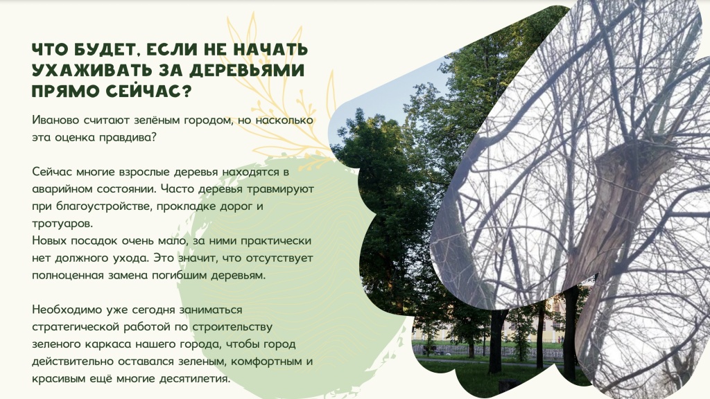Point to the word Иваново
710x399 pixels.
click(x=55, y=120)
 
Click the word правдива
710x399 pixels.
click(x=130, y=137)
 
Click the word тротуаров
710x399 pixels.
click(x=61, y=224)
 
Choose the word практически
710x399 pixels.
click(x=277, y=241)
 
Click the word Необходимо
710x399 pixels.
click(x=66, y=310)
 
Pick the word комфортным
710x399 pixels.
click(x=259, y=362)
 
